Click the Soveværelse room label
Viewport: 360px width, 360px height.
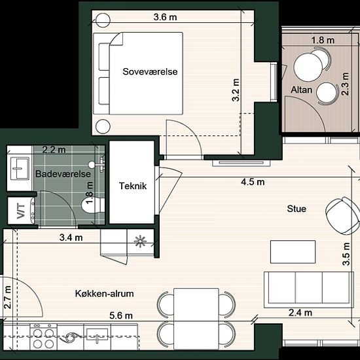pyautogui.click(x=150, y=71)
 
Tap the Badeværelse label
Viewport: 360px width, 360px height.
pyautogui.click(x=63, y=174)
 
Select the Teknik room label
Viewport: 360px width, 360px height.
pyautogui.click(x=133, y=186)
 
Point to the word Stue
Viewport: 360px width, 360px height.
pyautogui.click(x=297, y=209)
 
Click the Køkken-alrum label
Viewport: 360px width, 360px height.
pyautogui.click(x=105, y=293)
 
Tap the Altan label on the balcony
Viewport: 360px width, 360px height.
pyautogui.click(x=302, y=90)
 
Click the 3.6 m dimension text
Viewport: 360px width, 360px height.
pyautogui.click(x=166, y=17)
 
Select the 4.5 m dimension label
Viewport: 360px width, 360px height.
pyautogui.click(x=253, y=182)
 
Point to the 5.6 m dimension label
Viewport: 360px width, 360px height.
pyautogui.click(x=121, y=315)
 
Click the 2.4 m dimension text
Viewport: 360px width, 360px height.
pyautogui.click(x=300, y=313)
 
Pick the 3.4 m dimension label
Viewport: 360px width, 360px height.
pyautogui.click(x=71, y=238)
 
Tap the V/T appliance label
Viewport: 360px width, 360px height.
pyautogui.click(x=21, y=211)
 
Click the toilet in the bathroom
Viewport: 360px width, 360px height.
pyautogui.click(x=93, y=205)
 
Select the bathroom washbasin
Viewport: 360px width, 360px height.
pyautogui.click(x=20, y=168)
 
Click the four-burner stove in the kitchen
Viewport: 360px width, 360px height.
pyautogui.click(x=43, y=337)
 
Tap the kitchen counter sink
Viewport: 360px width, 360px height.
pyautogui.click(x=97, y=335)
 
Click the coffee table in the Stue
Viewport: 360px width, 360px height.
pyautogui.click(x=293, y=252)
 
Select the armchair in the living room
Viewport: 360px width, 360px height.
pyautogui.click(x=343, y=215)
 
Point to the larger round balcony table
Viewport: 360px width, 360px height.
pyautogui.click(x=308, y=67)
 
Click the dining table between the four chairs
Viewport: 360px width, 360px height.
pyautogui.click(x=196, y=319)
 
